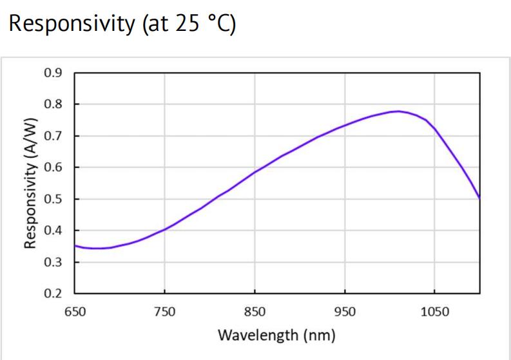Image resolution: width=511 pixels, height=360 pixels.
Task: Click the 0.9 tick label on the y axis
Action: [53, 72]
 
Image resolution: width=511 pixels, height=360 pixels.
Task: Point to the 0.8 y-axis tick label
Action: [53, 104]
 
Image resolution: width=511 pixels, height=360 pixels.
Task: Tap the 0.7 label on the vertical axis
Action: [53, 135]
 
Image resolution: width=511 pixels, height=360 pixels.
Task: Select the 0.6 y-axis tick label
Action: [53, 167]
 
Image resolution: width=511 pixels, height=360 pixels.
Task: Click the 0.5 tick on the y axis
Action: [53, 198]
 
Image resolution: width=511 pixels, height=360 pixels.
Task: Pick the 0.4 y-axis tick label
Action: [53, 230]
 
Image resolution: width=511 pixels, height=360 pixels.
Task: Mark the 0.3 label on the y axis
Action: [53, 262]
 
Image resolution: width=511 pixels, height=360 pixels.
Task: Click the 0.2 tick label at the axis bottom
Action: [53, 294]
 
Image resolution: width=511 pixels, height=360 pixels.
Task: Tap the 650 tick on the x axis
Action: [75, 312]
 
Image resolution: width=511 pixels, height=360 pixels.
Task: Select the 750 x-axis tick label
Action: [164, 312]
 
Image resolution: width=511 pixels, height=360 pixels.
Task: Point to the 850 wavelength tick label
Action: [255, 312]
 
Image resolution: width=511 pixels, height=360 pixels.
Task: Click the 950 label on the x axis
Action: [344, 312]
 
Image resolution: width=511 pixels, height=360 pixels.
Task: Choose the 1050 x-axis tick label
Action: [434, 312]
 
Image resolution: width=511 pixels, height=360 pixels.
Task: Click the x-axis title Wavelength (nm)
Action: [276, 336]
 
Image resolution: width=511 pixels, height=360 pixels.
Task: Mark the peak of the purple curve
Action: [398, 111]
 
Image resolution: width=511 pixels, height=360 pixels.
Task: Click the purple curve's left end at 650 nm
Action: [75, 245]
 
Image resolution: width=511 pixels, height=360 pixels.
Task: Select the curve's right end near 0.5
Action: [479, 198]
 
